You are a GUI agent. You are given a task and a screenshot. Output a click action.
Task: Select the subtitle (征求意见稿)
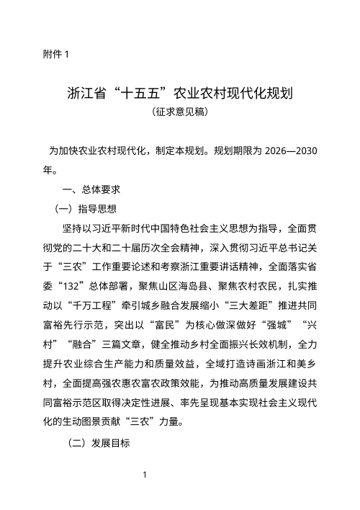pos(180,112)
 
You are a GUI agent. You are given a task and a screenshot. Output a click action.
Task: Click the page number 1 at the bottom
pos(145,475)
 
